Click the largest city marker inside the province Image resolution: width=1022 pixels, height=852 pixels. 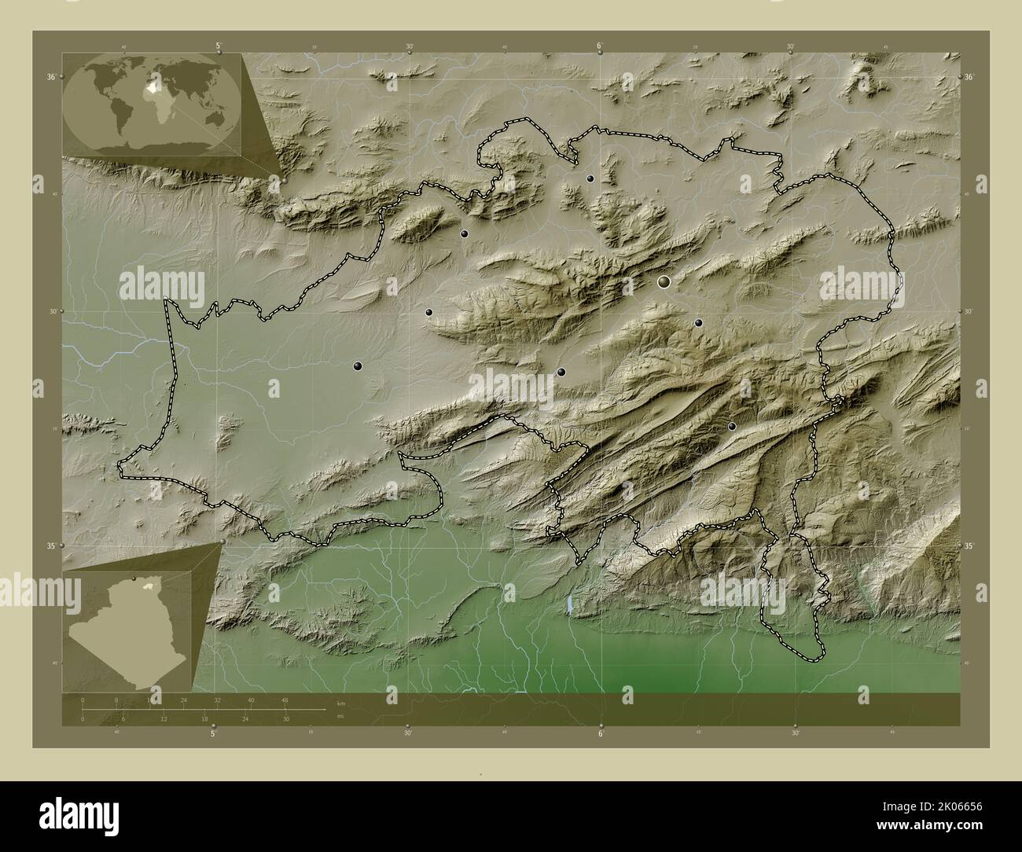click(x=664, y=281)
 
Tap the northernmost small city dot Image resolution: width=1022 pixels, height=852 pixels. click(x=590, y=178)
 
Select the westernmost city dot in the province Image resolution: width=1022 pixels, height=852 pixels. click(x=358, y=365)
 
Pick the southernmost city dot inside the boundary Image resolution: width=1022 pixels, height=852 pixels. click(x=732, y=426)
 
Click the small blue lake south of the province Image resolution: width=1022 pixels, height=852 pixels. click(x=568, y=605)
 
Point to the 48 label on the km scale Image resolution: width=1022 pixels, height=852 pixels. click(x=285, y=700)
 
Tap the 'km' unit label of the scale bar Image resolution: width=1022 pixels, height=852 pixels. click(x=340, y=702)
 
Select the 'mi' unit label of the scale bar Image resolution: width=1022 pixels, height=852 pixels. click(x=339, y=716)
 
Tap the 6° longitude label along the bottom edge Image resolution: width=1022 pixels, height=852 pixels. click(x=601, y=735)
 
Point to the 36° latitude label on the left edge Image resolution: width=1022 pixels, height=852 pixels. click(x=50, y=77)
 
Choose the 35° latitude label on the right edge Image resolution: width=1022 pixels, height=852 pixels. click(x=969, y=545)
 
